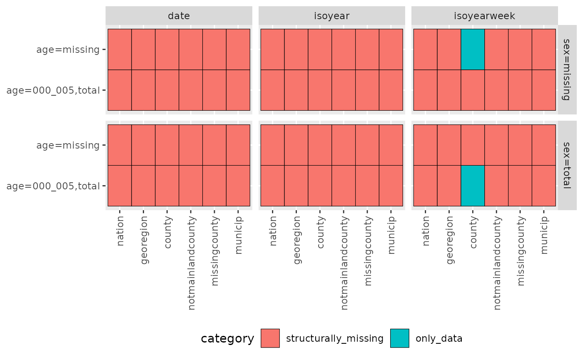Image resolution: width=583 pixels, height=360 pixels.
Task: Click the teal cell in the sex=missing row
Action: [x=473, y=50]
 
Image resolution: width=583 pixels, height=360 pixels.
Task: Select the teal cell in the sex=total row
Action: [x=473, y=186]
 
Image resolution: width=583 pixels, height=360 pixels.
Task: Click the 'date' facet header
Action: [x=179, y=16]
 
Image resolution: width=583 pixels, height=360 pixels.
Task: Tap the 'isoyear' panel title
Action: [x=331, y=16]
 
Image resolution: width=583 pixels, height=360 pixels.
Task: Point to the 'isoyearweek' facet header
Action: [x=484, y=16]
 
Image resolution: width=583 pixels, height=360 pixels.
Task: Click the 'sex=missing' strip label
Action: [x=567, y=70]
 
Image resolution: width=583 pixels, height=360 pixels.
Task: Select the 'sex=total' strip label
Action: [x=567, y=165]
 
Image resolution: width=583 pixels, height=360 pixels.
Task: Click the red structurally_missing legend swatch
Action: [x=270, y=338]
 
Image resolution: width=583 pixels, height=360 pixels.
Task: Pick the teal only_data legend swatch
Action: [x=399, y=338]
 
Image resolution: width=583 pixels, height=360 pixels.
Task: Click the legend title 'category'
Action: [x=227, y=339]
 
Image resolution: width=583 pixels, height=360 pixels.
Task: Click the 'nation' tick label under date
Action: [x=120, y=231]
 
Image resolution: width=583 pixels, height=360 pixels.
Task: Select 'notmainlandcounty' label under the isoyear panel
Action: [x=344, y=263]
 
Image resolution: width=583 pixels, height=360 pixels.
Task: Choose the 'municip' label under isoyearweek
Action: [x=545, y=235]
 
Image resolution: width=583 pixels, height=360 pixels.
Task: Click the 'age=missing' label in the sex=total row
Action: [x=68, y=145]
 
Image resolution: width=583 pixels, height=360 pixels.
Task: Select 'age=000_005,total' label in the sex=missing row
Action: [x=53, y=91]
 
